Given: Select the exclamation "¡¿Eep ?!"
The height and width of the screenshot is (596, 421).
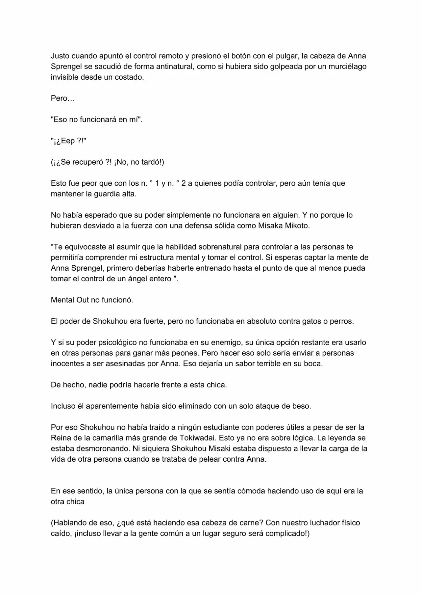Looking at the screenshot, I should pyautogui.click(x=68, y=141).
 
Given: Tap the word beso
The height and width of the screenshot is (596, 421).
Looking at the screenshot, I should pyautogui.click(x=301, y=406).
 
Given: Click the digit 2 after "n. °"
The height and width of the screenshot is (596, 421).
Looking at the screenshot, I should pyautogui.click(x=184, y=183).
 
